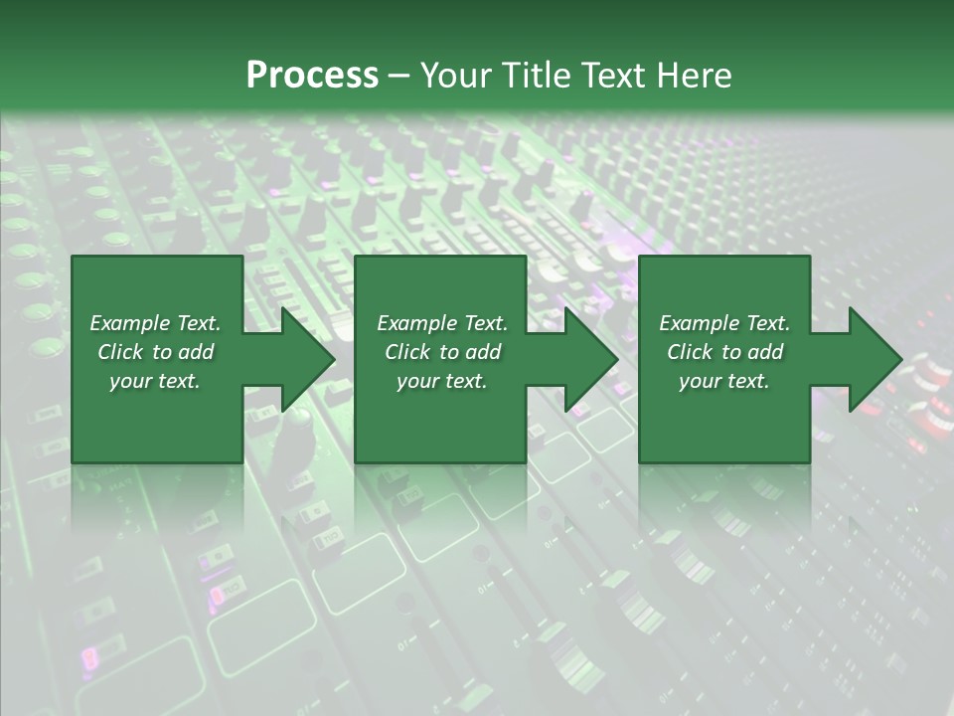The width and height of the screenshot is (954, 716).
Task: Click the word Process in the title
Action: click(312, 76)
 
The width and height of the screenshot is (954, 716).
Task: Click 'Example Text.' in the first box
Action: click(155, 323)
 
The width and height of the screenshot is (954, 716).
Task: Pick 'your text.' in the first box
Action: click(155, 381)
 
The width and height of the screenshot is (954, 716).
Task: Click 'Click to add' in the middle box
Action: click(442, 352)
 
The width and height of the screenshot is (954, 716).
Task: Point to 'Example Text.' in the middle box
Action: click(442, 323)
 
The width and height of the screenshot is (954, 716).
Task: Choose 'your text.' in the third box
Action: click(724, 381)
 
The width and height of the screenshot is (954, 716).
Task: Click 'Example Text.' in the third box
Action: click(724, 323)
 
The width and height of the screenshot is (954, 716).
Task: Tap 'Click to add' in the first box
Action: click(155, 352)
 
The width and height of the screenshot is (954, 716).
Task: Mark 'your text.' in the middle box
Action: click(442, 381)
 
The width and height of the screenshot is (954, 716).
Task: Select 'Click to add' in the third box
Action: click(724, 352)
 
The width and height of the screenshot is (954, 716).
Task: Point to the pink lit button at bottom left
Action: click(89, 657)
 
